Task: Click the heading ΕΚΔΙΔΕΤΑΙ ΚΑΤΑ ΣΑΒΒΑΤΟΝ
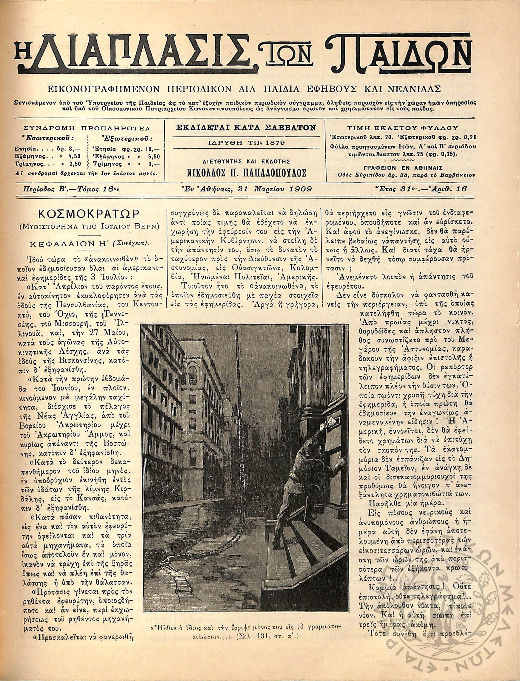(245, 127)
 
